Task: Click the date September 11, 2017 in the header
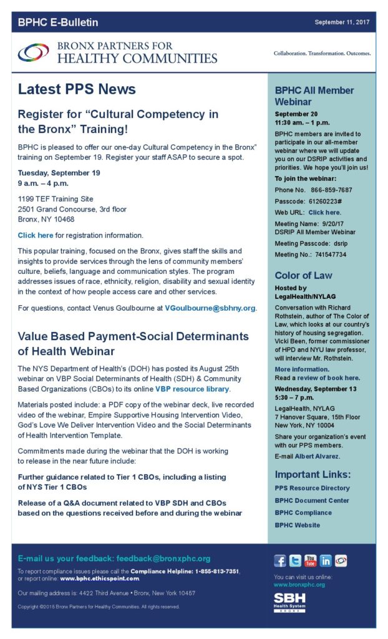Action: (342, 22)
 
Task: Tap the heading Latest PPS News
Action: (77, 89)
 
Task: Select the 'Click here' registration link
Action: (36, 235)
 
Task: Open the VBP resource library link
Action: (192, 389)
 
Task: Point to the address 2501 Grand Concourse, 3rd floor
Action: (72, 209)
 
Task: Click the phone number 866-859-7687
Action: (332, 190)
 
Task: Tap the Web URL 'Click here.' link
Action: (324, 212)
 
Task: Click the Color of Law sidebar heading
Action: (304, 275)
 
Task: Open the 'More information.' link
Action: (302, 369)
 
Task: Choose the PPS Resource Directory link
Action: (312, 488)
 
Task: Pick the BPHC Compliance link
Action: (303, 512)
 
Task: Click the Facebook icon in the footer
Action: (281, 560)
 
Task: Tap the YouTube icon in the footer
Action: (310, 560)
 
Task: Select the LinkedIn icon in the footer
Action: (325, 560)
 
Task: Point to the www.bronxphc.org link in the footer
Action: (299, 585)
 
